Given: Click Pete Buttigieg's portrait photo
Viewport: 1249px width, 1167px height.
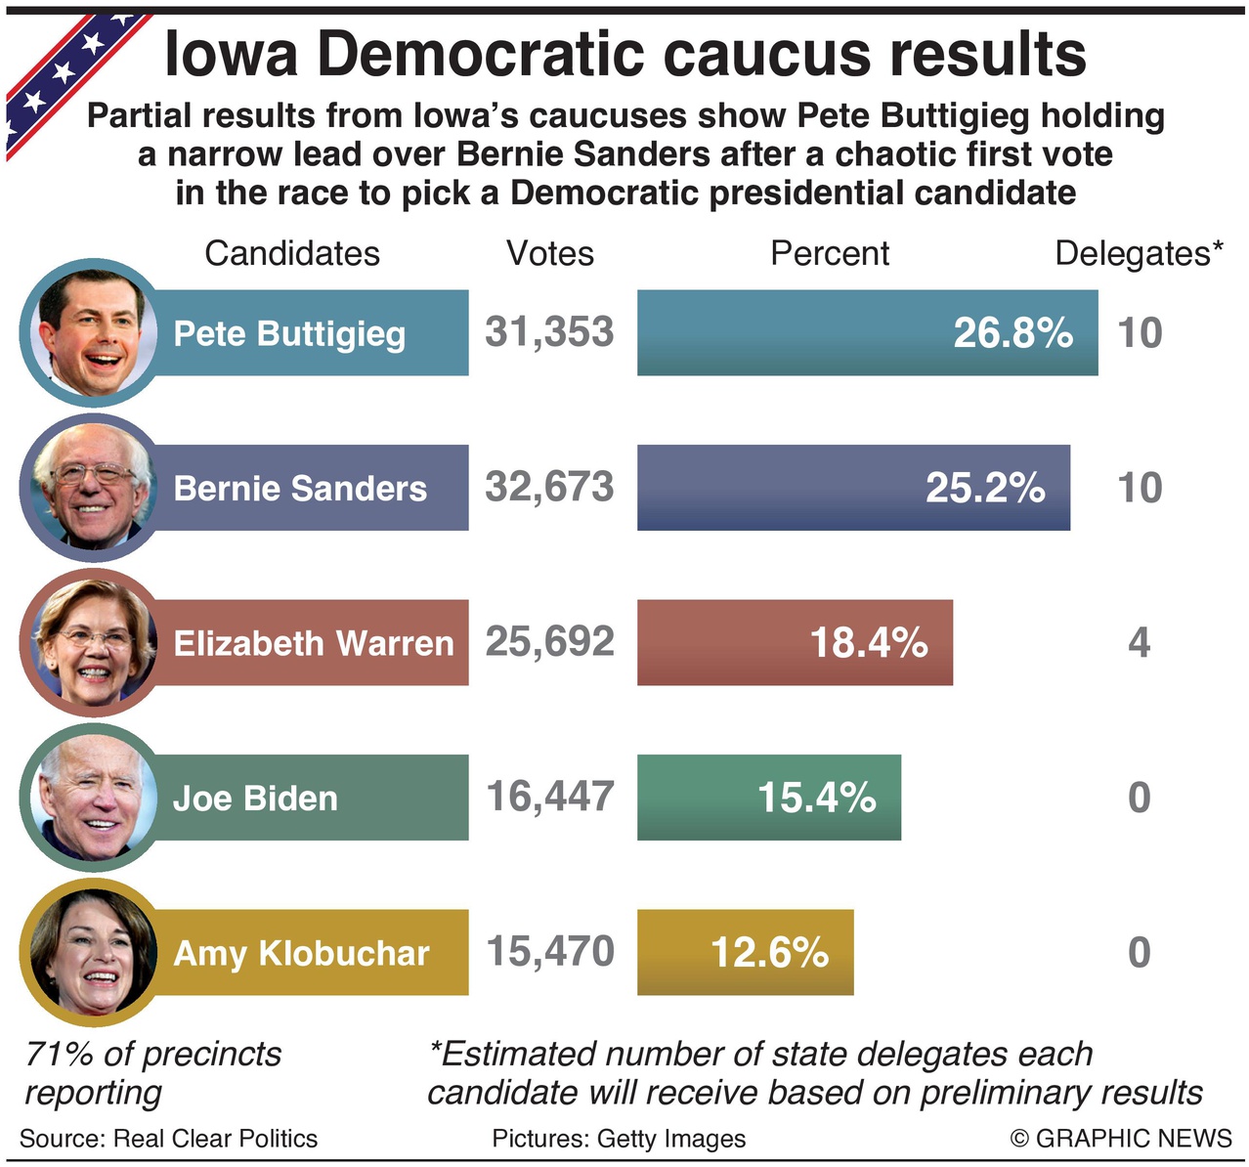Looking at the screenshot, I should pyautogui.click(x=90, y=333).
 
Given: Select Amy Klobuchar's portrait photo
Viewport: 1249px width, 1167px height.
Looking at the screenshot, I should pyautogui.click(x=90, y=953).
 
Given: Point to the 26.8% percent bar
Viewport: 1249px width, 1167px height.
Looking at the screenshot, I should pyautogui.click(x=867, y=333).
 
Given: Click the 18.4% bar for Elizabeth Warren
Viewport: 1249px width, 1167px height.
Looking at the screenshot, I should pyautogui.click(x=795, y=642).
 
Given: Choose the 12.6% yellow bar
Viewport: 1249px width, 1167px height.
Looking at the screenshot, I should pyautogui.click(x=745, y=953).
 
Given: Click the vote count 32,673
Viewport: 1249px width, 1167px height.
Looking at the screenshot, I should pyautogui.click(x=549, y=487).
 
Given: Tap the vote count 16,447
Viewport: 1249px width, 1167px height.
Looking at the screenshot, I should pyautogui.click(x=550, y=797).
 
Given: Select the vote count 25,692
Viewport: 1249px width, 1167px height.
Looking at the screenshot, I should pyautogui.click(x=550, y=641).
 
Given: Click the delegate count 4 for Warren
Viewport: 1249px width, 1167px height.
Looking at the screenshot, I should pyautogui.click(x=1139, y=642).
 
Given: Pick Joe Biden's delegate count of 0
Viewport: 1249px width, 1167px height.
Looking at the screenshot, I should pyautogui.click(x=1139, y=798).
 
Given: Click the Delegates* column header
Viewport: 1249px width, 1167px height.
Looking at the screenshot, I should pyautogui.click(x=1139, y=253).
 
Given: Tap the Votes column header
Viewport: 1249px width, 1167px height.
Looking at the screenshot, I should pyautogui.click(x=550, y=253).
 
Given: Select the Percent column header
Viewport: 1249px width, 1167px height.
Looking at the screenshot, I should pyautogui.click(x=830, y=253).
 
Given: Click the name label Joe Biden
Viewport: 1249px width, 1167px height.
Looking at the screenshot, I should pyautogui.click(x=255, y=799).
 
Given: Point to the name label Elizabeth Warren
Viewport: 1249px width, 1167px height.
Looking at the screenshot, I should pyautogui.click(x=314, y=643).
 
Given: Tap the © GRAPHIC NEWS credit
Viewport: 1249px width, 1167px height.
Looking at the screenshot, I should pyautogui.click(x=1121, y=1139).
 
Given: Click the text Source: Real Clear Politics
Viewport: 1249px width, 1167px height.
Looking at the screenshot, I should pyautogui.click(x=168, y=1139).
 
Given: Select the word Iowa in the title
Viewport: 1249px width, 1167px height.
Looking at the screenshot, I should pyautogui.click(x=231, y=55).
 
